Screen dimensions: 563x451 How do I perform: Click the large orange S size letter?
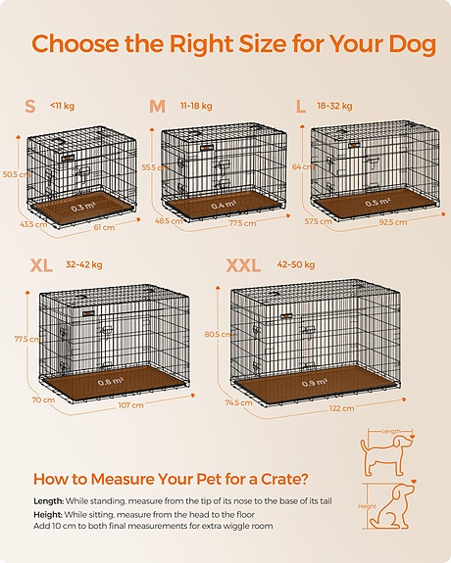(x=30, y=105)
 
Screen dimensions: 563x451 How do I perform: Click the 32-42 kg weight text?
(x=84, y=264)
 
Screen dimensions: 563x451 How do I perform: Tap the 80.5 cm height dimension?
(x=219, y=334)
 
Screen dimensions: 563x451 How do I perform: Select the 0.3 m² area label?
(x=81, y=208)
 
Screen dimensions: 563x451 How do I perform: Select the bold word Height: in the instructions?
(x=49, y=515)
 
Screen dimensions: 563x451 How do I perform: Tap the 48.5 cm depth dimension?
(x=170, y=220)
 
